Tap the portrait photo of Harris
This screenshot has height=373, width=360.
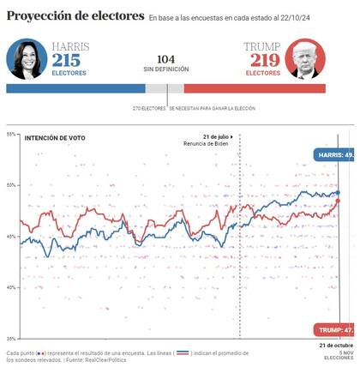[27, 59]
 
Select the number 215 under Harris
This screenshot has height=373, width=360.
[67, 60]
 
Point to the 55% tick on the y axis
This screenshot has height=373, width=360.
[10, 134]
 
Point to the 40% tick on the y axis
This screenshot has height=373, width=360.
[10, 287]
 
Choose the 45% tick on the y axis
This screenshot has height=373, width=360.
[10, 236]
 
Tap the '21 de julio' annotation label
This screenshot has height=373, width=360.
[217, 137]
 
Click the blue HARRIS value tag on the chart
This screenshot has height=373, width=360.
[335, 156]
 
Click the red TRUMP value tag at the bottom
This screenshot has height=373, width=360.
[335, 330]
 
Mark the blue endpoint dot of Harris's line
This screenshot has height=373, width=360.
[338, 193]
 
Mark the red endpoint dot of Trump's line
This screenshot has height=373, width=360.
[338, 202]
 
